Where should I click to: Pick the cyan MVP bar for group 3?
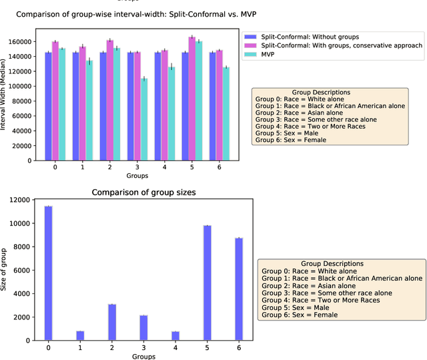[143, 119]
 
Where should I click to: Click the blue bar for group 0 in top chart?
[48, 106]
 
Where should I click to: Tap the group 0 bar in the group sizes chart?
[48, 273]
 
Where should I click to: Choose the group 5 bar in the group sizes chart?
[207, 283]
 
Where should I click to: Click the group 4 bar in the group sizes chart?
[175, 333]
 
